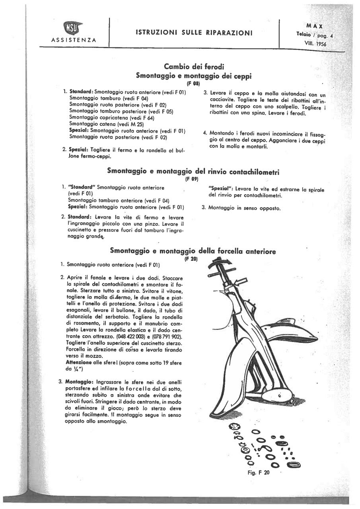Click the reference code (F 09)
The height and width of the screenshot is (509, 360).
192,179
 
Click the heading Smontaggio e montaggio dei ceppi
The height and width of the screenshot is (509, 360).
194,76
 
